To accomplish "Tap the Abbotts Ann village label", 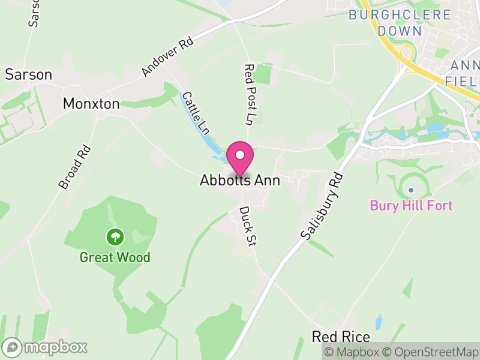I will [x=240, y=180].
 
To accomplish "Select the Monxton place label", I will [x=91, y=104].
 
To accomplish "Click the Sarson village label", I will [x=29, y=74].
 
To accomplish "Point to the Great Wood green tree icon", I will [x=114, y=237].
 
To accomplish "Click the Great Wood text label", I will [x=115, y=258].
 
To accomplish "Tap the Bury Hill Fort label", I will [x=411, y=206].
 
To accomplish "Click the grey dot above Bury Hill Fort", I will [x=411, y=190].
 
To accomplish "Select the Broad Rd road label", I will [x=74, y=167].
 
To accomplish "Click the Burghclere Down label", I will [x=400, y=22].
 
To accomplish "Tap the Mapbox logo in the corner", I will [x=45, y=347].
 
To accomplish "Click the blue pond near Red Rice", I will [x=379, y=322].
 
